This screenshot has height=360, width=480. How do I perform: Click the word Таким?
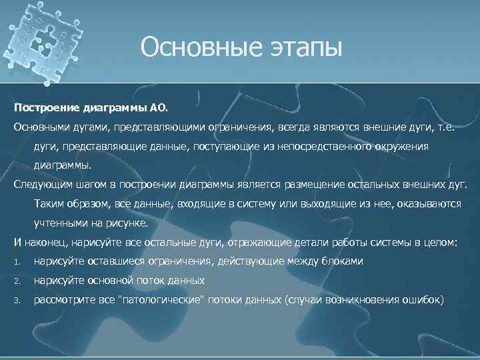point(50,203)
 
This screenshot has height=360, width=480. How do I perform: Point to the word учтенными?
point(59,223)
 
